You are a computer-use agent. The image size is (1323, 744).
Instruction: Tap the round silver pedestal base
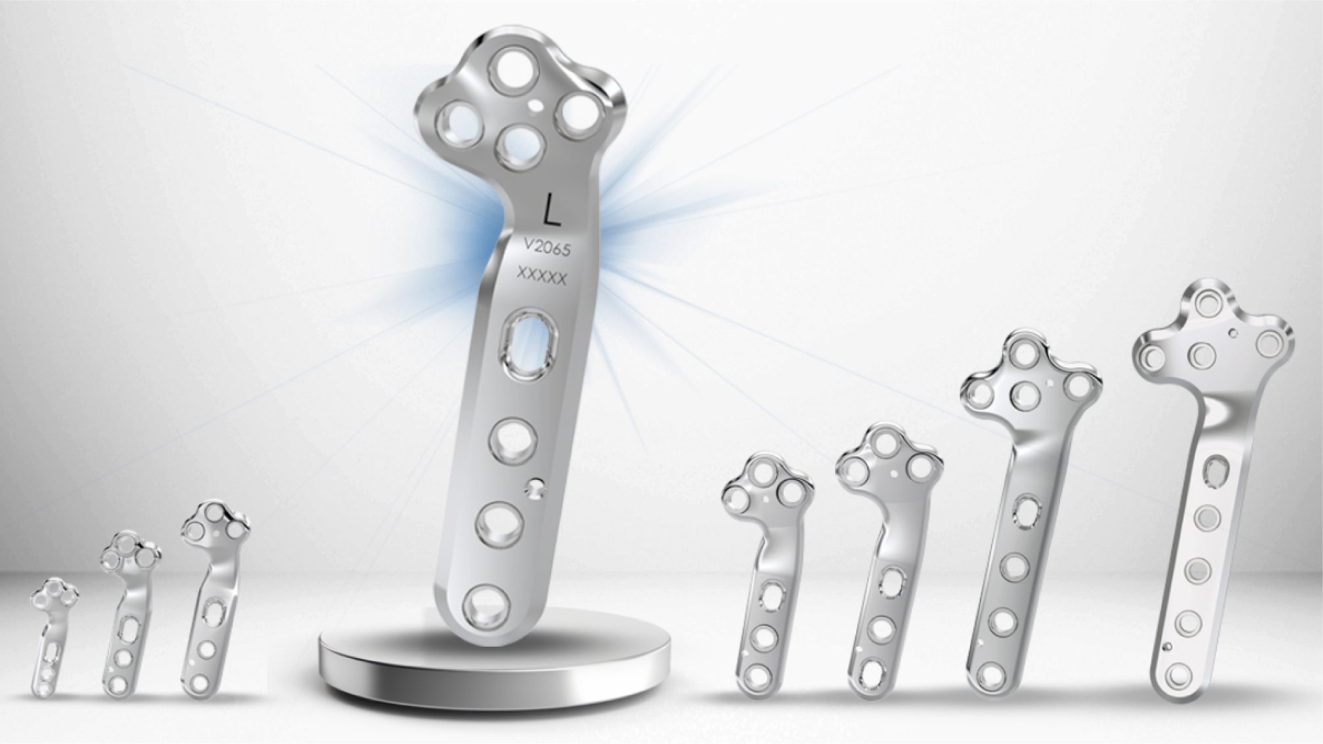coord(494,660)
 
